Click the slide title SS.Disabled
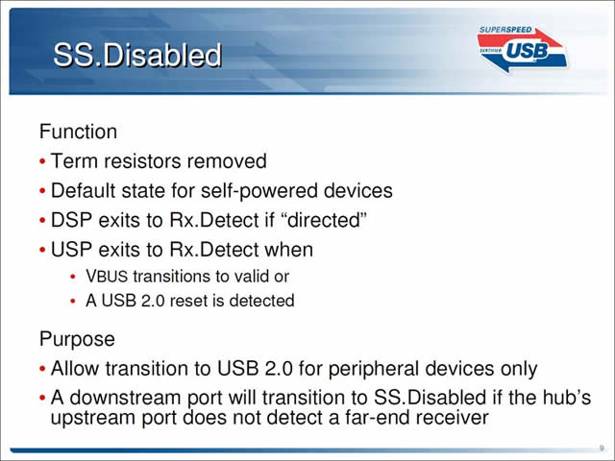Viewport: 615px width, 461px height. coord(137,55)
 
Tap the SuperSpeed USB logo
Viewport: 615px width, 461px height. coord(522,49)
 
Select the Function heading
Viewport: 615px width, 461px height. coord(78,132)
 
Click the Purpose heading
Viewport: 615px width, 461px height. coord(77,339)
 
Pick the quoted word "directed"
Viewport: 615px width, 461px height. coord(324,220)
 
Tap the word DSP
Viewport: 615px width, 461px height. coord(72,220)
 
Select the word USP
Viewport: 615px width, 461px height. coord(72,250)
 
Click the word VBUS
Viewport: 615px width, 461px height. coord(107,277)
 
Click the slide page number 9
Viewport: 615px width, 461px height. coord(602,449)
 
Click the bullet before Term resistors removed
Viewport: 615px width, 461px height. coord(42,161)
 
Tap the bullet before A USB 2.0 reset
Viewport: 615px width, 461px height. coord(73,302)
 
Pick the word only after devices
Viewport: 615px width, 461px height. coord(519,369)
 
